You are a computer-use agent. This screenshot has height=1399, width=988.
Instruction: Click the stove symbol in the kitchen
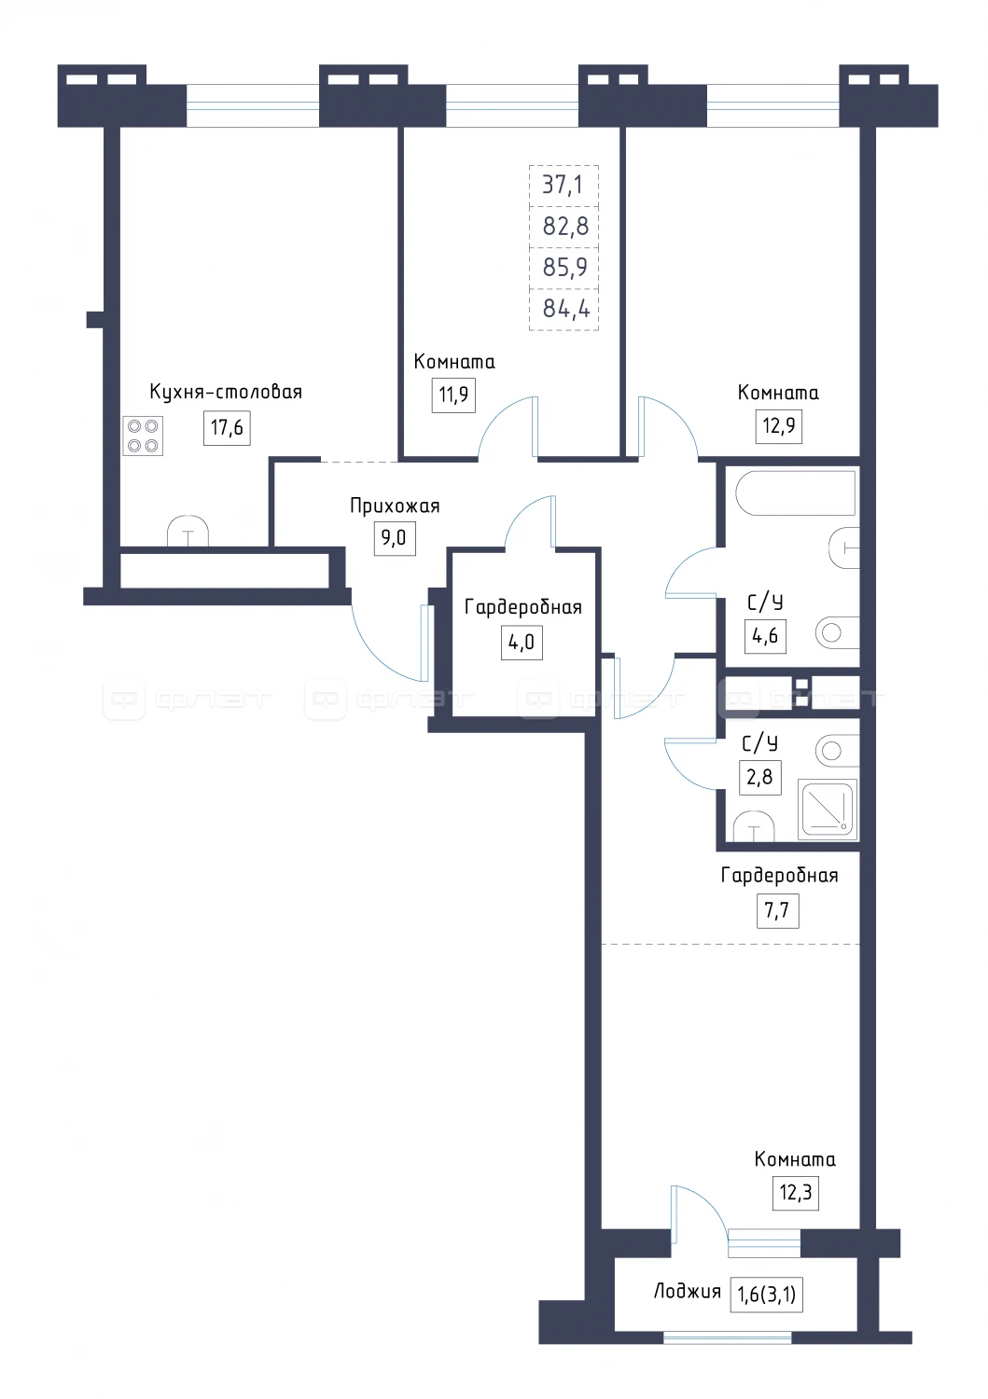pyautogui.click(x=143, y=436)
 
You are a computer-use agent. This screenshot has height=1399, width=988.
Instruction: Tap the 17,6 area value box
pyautogui.click(x=227, y=428)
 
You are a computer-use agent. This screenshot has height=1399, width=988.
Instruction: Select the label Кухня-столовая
pyautogui.click(x=226, y=393)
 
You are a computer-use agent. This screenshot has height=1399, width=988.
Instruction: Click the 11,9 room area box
pyautogui.click(x=453, y=395)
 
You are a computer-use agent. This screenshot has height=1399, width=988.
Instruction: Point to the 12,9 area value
pyautogui.click(x=779, y=426)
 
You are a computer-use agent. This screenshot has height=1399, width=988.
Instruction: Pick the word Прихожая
pyautogui.click(x=395, y=506)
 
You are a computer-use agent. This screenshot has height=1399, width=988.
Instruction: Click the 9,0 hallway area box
pyautogui.click(x=395, y=538)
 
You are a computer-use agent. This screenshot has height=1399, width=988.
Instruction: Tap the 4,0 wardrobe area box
pyautogui.click(x=522, y=642)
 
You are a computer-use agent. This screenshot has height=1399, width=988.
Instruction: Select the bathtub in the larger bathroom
pyautogui.click(x=795, y=492)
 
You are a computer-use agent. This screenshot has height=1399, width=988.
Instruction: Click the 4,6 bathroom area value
pyautogui.click(x=765, y=636)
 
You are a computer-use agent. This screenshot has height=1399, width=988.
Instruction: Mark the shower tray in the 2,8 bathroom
pyautogui.click(x=828, y=810)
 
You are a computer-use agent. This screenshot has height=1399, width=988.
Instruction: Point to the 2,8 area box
pyautogui.click(x=760, y=777)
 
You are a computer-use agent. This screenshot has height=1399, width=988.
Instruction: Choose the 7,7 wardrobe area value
pyautogui.click(x=777, y=910)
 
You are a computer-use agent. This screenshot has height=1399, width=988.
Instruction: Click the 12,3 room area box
pyautogui.click(x=796, y=1193)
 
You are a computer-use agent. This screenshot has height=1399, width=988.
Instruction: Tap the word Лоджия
pyautogui.click(x=687, y=1291)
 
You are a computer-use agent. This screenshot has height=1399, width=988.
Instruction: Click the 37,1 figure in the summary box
pyautogui.click(x=563, y=186)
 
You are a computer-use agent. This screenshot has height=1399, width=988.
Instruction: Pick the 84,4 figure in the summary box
pyautogui.click(x=566, y=309)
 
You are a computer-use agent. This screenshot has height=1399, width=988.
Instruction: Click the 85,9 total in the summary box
pyautogui.click(x=565, y=268)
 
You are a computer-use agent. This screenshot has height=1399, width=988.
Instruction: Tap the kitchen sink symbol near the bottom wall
pyautogui.click(x=188, y=531)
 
